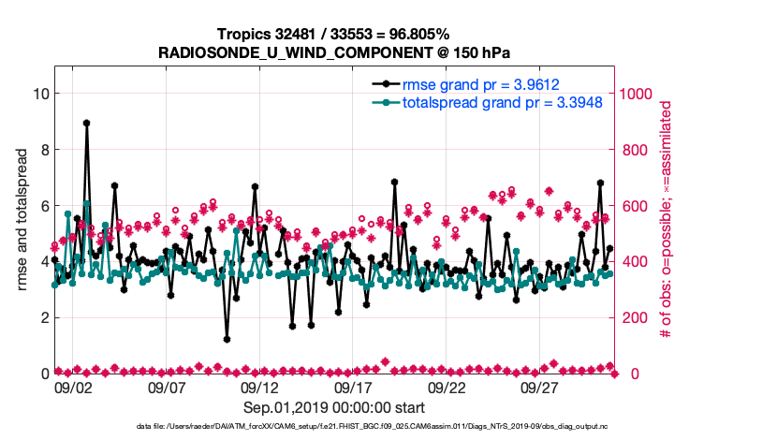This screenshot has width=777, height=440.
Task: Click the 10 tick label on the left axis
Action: (x=40, y=94)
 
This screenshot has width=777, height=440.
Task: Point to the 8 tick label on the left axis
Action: (x=44, y=150)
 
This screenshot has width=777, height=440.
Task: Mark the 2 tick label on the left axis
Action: (x=44, y=317)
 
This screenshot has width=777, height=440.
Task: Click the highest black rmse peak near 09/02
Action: (x=86, y=123)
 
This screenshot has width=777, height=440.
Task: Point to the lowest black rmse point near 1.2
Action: (x=227, y=339)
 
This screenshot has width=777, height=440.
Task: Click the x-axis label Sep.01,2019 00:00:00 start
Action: (x=333, y=407)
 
